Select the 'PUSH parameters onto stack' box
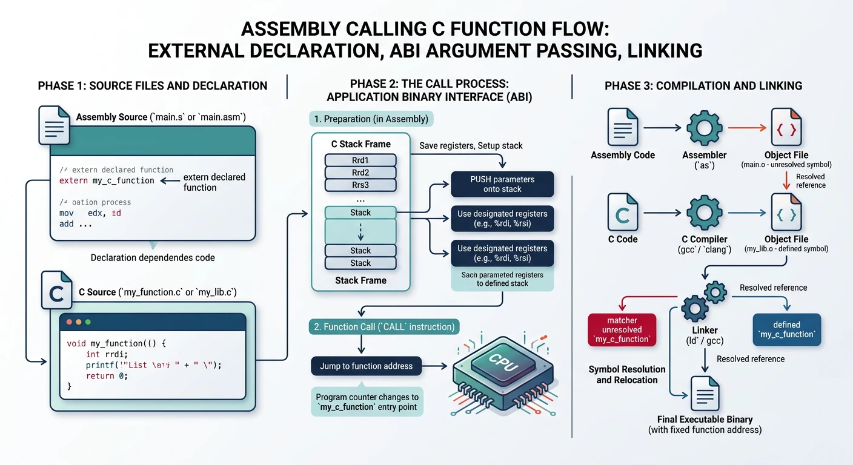[x=502, y=185]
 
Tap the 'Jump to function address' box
[x=366, y=366]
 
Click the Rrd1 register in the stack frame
[x=360, y=160]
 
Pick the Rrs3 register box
[x=360, y=185]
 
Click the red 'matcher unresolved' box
[x=622, y=330]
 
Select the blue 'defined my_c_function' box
[x=786, y=330]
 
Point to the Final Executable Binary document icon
[x=705, y=394]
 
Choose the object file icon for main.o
[x=786, y=128]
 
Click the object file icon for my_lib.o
[x=786, y=213]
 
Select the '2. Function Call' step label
[x=383, y=327]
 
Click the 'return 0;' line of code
[x=107, y=375]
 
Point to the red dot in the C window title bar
[x=69, y=322]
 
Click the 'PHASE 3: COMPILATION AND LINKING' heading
[x=703, y=86]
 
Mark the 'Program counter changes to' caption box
[x=367, y=402]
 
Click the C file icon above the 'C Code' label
[x=623, y=213]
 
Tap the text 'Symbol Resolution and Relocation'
[x=626, y=375]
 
